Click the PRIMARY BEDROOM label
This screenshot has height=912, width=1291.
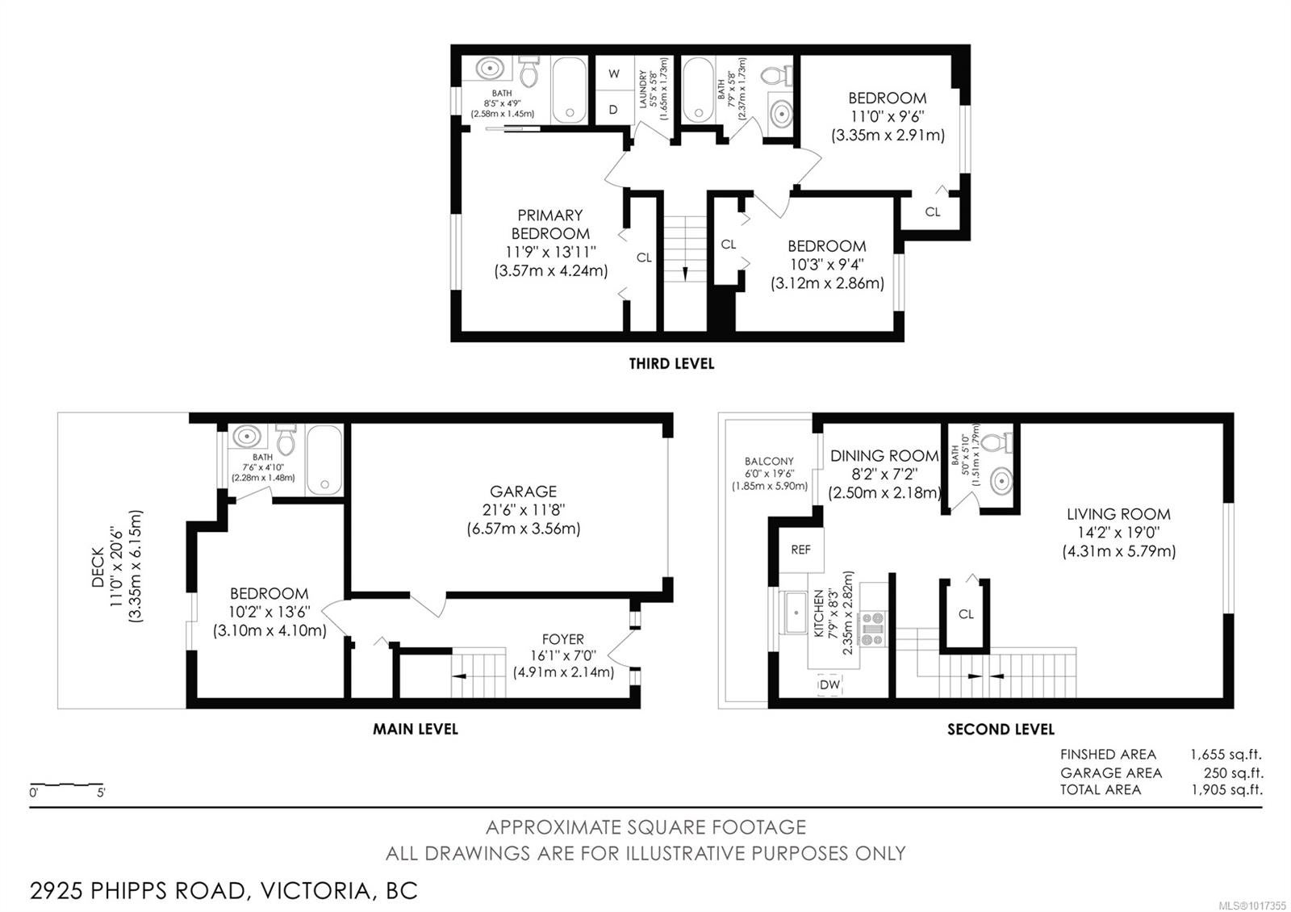pos(549,224)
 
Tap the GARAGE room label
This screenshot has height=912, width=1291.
pos(524,492)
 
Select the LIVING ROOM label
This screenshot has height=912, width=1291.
pos(1118,513)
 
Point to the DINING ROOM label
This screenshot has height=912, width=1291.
pos(884,455)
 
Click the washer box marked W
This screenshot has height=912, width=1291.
pos(614,73)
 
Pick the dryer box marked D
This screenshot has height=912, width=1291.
pos(614,108)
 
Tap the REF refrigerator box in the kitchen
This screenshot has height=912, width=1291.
pos(801,550)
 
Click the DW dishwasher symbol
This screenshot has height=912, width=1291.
pos(829,685)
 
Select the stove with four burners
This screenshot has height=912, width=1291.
pos(872,630)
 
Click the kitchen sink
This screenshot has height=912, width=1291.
pos(795,613)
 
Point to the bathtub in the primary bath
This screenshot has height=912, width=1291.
pos(569,90)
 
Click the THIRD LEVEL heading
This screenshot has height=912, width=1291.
pos(671,364)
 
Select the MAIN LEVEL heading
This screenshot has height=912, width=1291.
pos(415,730)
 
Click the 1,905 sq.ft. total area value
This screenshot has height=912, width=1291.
pos(1227,789)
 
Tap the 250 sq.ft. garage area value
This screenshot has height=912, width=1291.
pos(1234,772)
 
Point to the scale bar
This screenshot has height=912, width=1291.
pos(67,784)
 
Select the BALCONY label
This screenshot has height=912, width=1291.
pos(769,461)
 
